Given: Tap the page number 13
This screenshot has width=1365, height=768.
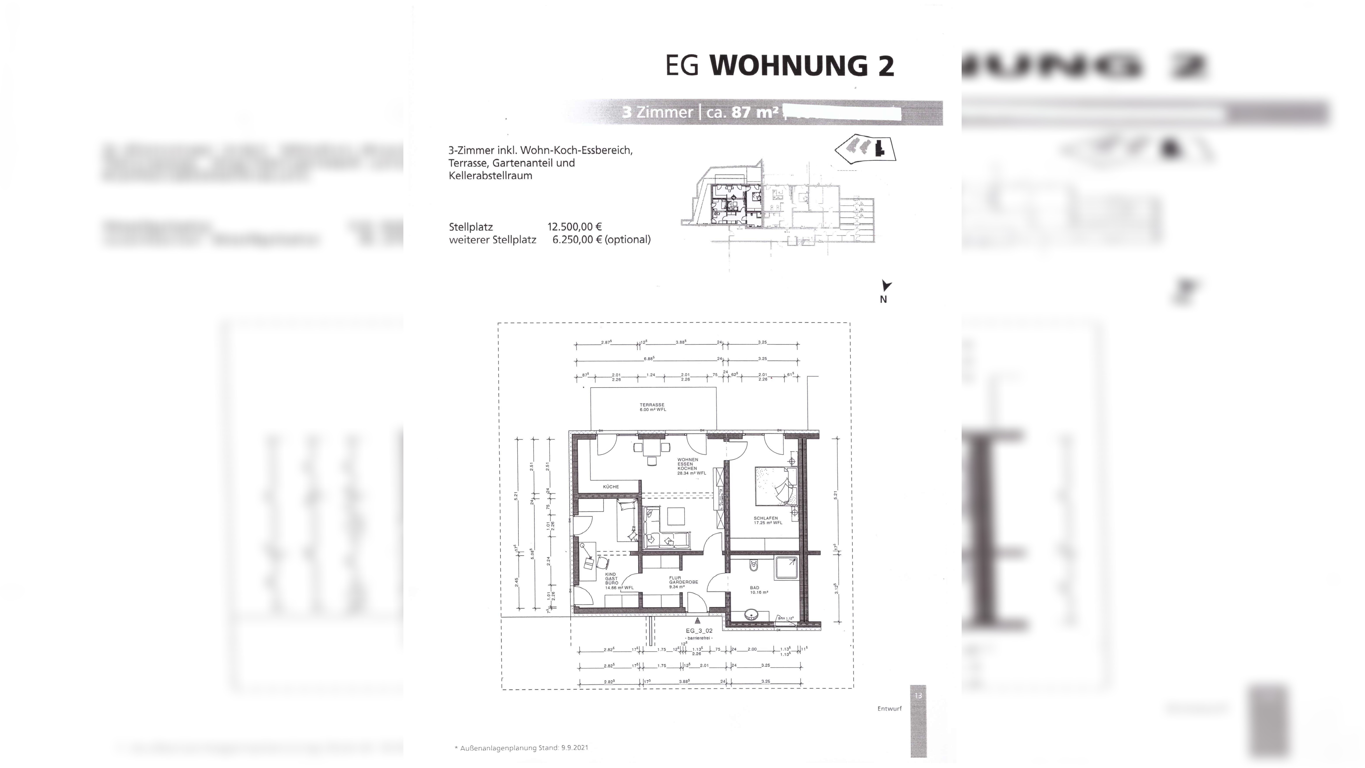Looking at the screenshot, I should click(918, 695).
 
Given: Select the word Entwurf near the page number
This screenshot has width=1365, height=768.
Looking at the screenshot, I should click(889, 709).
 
